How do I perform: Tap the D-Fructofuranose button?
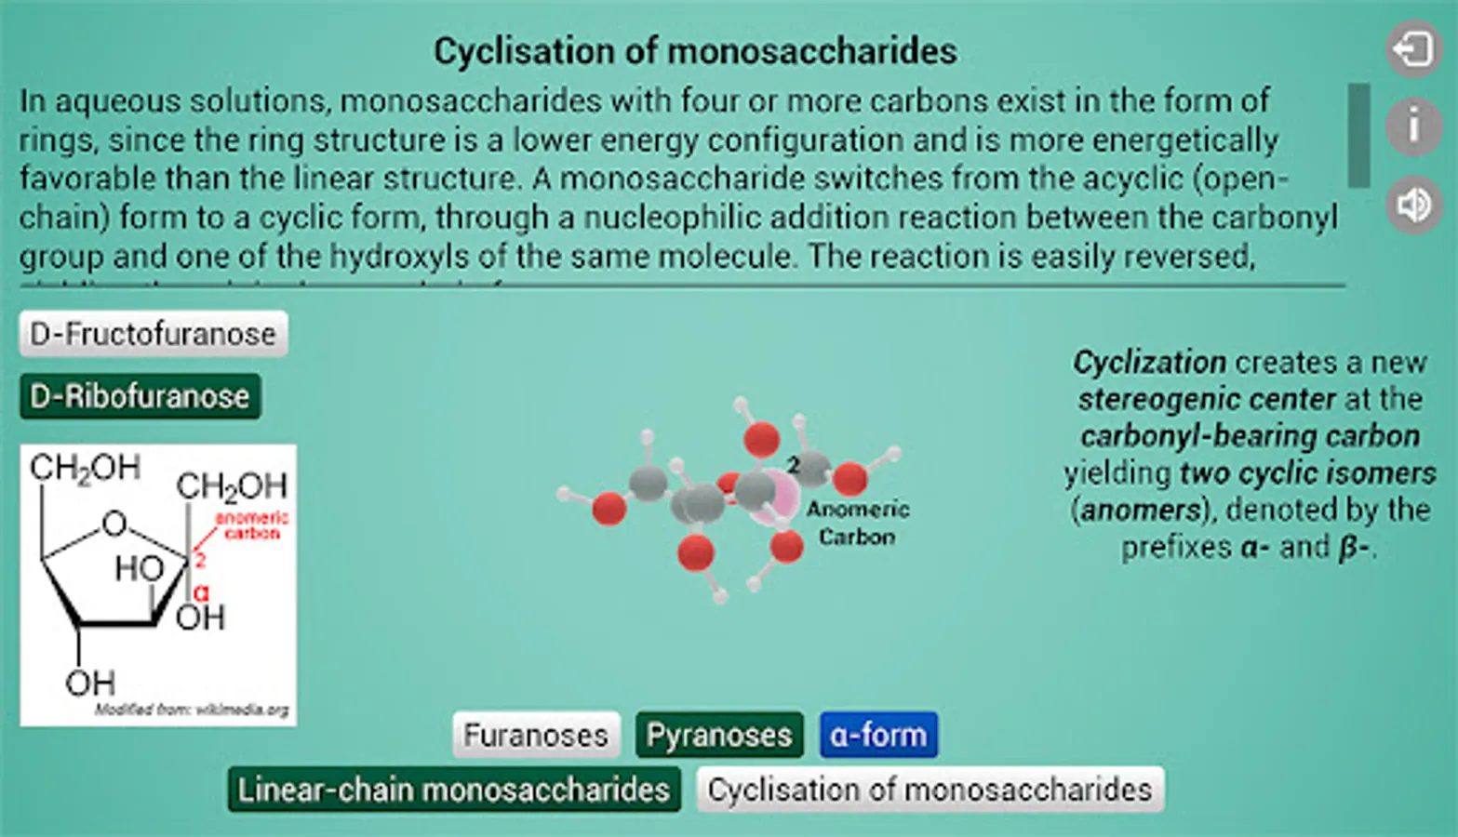point(153,334)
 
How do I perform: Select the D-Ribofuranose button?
point(140,397)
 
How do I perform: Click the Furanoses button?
point(536,736)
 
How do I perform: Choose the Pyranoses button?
point(718,736)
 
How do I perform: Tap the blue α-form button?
point(878,736)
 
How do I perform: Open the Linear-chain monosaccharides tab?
point(454,790)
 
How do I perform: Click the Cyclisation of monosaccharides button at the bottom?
point(930,790)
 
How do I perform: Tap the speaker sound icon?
point(1413,205)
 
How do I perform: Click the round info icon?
point(1413,125)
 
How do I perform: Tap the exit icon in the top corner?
point(1413,48)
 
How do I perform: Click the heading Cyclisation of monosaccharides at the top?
point(695,51)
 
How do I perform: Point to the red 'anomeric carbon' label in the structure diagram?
point(251,525)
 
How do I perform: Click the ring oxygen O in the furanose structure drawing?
point(114,524)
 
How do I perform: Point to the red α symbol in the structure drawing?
point(201,592)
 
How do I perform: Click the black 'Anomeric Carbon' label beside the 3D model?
point(857,523)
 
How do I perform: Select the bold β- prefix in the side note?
point(1354,547)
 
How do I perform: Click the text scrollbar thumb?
point(1358,136)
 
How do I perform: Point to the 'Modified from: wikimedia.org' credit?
point(192,710)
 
